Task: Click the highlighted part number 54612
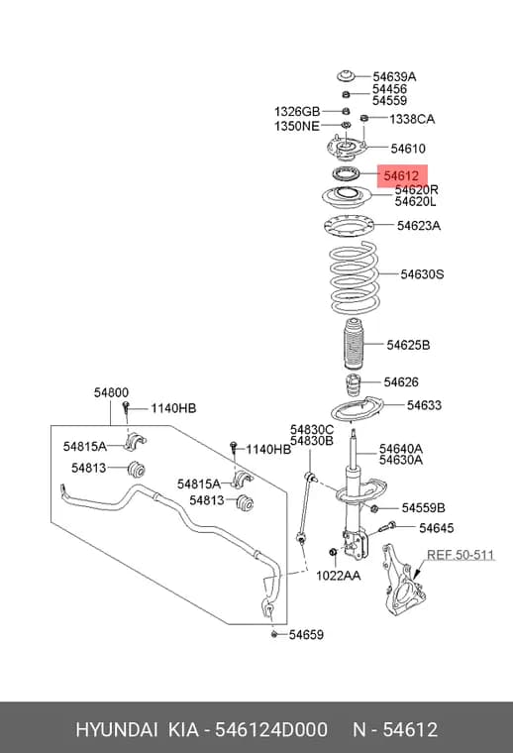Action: coord(401,175)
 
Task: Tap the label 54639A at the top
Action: coord(394,76)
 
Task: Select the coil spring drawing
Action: coord(354,277)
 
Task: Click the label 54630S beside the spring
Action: coord(422,274)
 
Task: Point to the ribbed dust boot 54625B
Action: coord(354,344)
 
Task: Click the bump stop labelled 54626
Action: coord(353,384)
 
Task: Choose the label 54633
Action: coord(424,405)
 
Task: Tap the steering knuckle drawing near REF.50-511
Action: coord(403,580)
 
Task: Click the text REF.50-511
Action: coord(461,555)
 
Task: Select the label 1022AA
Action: coord(339,575)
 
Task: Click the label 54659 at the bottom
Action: coord(306,634)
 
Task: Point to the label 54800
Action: coord(111,392)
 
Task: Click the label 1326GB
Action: coord(297,111)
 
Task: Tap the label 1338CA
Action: coord(412,119)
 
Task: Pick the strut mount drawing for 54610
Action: coord(345,150)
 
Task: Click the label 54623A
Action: coord(419,225)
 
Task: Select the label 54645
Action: coord(436,528)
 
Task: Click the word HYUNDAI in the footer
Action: coord(117,730)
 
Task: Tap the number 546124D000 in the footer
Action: coord(271,730)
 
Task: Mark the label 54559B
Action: coord(423,507)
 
